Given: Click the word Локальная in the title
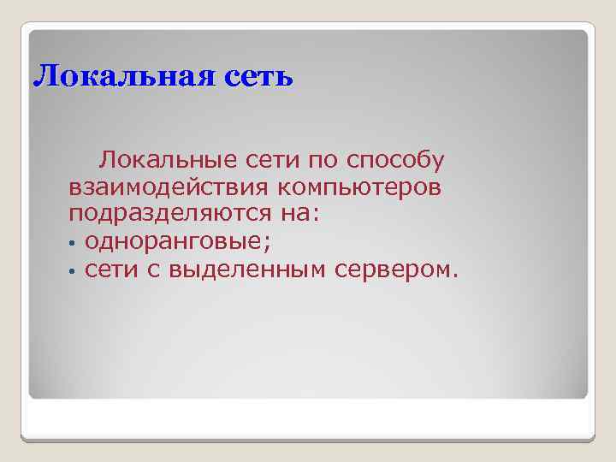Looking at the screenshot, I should [115, 77].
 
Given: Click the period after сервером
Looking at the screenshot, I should [456, 275].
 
